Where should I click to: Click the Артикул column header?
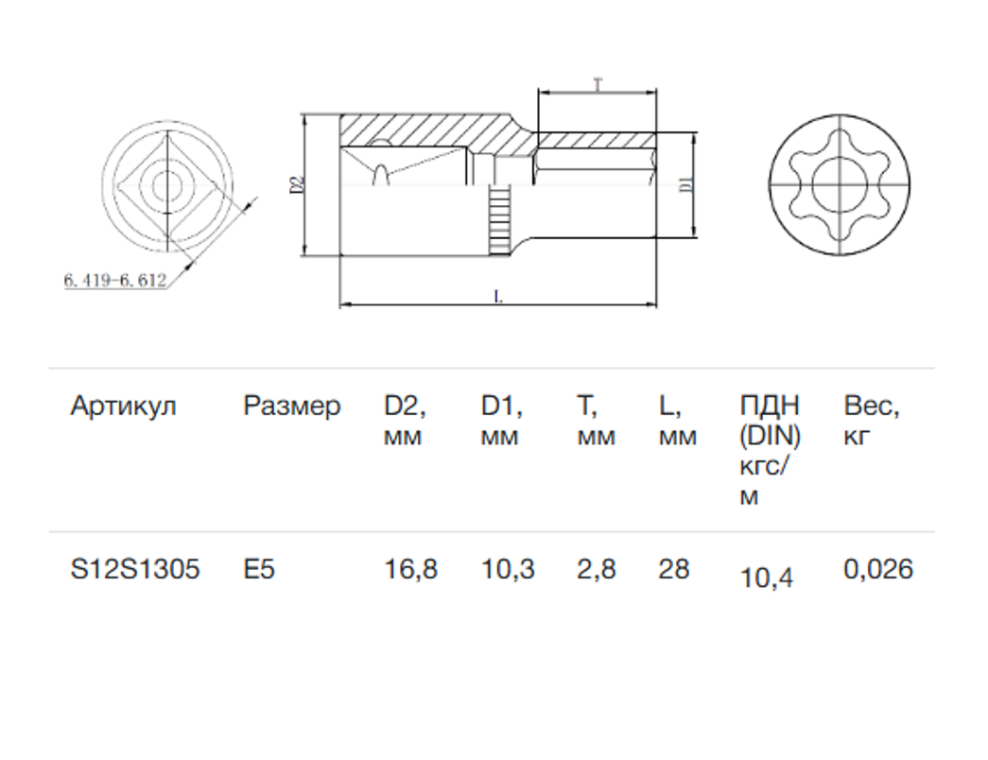[124, 406]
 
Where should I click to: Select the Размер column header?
[292, 406]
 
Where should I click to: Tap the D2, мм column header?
[406, 421]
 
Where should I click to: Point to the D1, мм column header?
[502, 421]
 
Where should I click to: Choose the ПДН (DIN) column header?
[770, 451]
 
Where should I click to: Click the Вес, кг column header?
[872, 421]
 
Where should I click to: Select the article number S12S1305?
[135, 569]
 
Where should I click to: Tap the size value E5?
[259, 569]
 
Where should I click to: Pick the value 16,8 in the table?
[411, 570]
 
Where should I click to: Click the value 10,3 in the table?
[508, 570]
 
